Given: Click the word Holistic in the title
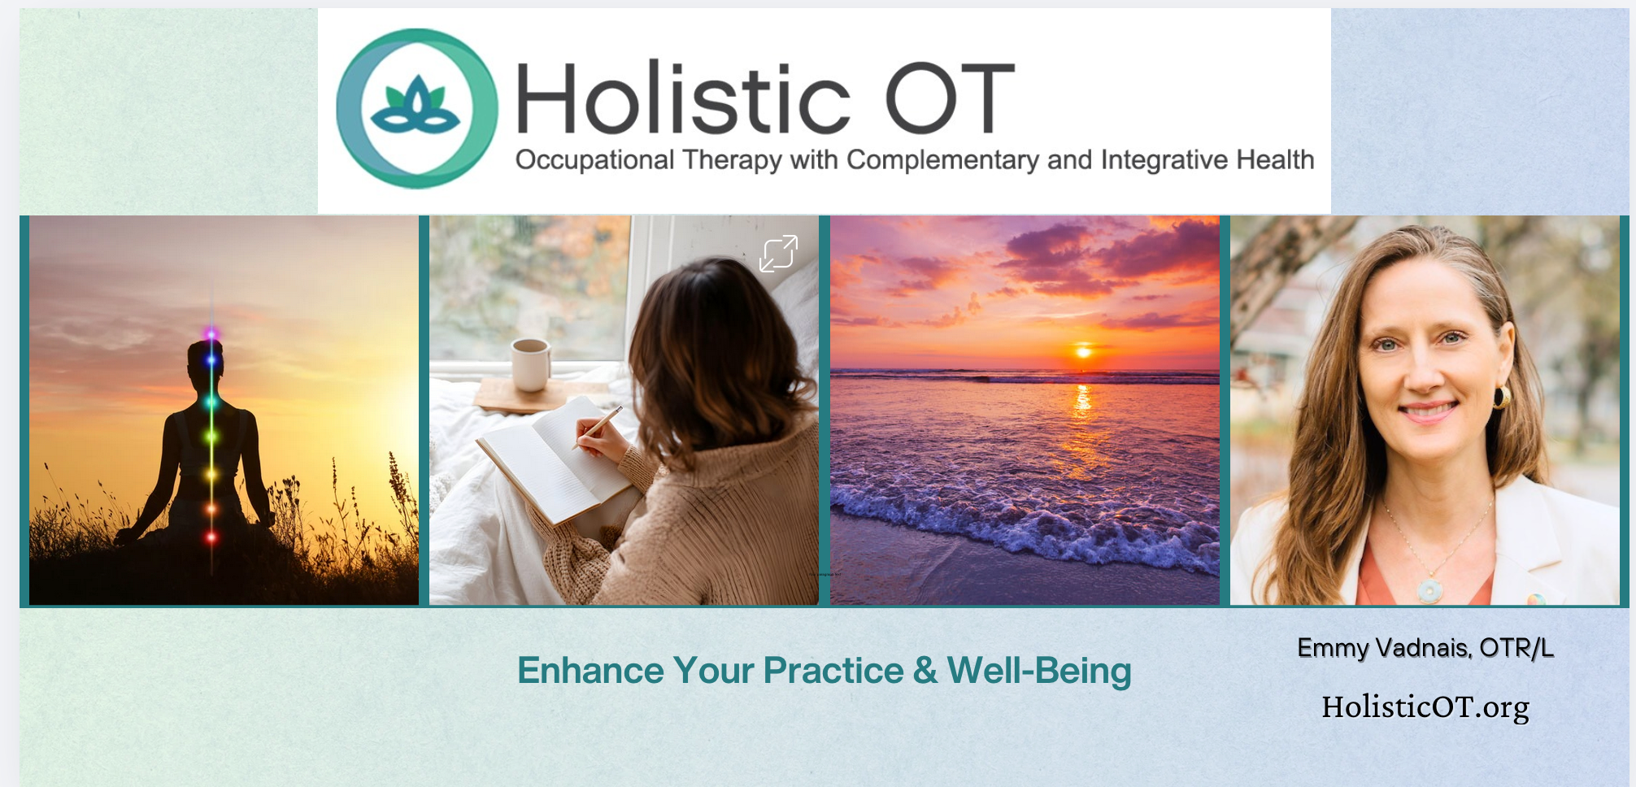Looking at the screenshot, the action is [x=683, y=98].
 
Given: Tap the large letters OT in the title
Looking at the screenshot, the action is [x=950, y=98].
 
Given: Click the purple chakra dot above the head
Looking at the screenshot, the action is [x=211, y=333].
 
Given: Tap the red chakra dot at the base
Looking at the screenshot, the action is [x=211, y=537].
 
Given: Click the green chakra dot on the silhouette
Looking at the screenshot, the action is [x=211, y=437].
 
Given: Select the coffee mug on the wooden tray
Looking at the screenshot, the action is [x=530, y=364].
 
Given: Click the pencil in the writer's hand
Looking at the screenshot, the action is [x=598, y=427].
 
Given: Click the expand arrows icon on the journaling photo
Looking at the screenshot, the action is [x=778, y=253].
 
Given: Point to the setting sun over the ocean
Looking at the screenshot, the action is [x=1082, y=351].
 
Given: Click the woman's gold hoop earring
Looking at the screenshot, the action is [x=1502, y=397].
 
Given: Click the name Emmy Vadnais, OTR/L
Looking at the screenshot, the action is [x=1425, y=648].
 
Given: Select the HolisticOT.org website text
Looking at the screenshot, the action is [x=1425, y=707].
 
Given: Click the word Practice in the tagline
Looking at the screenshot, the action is [x=833, y=671].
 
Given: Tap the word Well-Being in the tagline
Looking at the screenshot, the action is [x=1039, y=672].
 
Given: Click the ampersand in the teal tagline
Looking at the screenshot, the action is [x=925, y=672].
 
